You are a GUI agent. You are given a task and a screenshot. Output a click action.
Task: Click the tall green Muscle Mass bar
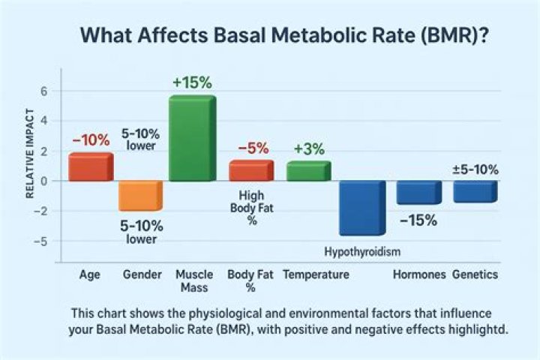click(192, 139)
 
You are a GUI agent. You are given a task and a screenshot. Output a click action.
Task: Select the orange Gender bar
click(140, 195)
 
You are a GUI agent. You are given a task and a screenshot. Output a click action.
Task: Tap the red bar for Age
click(90, 167)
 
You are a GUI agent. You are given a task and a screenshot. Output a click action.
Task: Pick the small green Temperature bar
click(307, 171)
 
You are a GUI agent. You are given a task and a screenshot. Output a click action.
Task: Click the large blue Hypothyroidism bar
click(361, 208)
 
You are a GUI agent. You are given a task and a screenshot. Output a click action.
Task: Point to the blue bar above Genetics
click(475, 191)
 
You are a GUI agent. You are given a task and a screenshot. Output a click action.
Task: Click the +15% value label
click(193, 82)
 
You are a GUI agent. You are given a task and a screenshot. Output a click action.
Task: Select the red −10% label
click(91, 140)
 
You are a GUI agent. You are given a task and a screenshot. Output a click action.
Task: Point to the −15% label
click(418, 220)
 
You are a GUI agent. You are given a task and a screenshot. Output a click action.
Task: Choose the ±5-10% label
click(475, 169)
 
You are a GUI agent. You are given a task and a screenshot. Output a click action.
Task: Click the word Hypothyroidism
click(361, 250)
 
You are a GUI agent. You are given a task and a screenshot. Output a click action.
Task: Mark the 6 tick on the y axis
click(43, 91)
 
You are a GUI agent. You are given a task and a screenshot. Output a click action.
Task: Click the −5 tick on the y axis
click(42, 241)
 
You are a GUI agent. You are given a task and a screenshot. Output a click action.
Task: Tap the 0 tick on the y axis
click(43, 181)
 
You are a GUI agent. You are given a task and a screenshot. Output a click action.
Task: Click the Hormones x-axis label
click(419, 274)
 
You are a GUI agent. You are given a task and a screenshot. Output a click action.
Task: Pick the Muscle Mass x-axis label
click(193, 280)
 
